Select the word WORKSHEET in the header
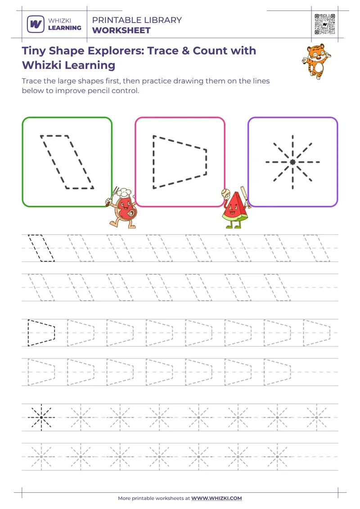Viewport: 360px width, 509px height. click(x=121, y=31)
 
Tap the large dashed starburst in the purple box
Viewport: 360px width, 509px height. click(x=292, y=162)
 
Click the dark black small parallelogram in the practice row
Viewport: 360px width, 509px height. click(x=41, y=248)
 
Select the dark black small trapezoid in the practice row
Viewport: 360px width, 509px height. click(x=41, y=333)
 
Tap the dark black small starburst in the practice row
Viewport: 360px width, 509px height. click(x=41, y=417)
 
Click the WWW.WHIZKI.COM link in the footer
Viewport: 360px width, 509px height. click(x=217, y=498)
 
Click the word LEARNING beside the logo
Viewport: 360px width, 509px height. click(x=65, y=28)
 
